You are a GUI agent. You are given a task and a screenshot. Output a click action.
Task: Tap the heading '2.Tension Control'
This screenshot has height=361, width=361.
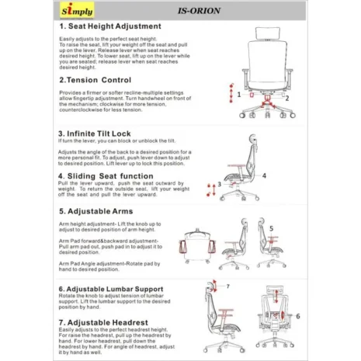pyautogui.click(x=95, y=79)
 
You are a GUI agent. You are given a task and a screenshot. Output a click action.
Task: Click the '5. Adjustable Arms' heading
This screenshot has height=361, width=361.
pyautogui.click(x=95, y=210)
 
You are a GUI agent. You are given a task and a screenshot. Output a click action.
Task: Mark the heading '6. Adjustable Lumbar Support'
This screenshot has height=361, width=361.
pyautogui.click(x=116, y=287)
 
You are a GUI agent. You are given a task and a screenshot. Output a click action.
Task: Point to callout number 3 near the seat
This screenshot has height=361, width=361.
pyautogui.click(x=220, y=184)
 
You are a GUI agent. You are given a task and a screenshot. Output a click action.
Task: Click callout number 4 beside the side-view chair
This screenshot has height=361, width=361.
pyautogui.click(x=264, y=175)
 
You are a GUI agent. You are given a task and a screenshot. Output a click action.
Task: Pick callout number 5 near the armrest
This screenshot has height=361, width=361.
pyautogui.click(x=271, y=227)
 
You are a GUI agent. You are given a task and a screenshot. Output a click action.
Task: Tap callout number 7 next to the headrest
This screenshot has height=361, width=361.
pyautogui.click(x=227, y=286)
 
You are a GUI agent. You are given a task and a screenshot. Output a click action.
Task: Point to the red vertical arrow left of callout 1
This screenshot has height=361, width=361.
pyautogui.click(x=231, y=92)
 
